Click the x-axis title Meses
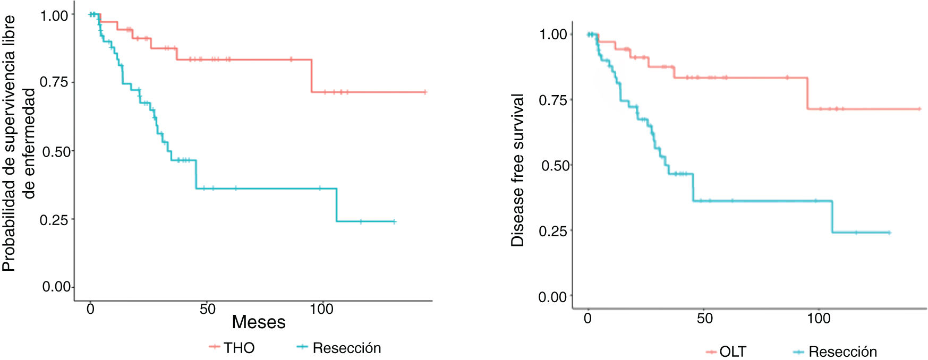point(259,322)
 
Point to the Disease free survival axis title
point(517,170)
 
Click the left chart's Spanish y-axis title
point(18,143)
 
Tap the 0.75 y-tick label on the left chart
point(54,82)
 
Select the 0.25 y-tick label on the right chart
point(553,231)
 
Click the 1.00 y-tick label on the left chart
point(54,16)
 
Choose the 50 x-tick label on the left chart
point(208,309)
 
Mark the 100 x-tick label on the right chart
point(819,318)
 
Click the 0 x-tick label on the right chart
point(588,318)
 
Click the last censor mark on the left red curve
point(424,92)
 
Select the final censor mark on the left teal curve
point(394,221)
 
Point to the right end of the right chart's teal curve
point(889,233)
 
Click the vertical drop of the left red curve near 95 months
point(311,76)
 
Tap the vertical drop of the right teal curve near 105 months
point(832,217)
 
